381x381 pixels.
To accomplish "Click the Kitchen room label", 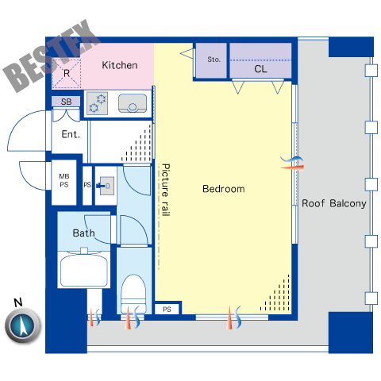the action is (120, 65).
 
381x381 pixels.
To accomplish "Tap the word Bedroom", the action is (224, 189).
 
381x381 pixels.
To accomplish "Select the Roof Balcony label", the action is (334, 203).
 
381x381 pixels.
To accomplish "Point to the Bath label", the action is (83, 233).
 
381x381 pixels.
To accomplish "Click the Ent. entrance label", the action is (71, 134).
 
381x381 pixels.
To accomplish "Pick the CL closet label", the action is (260, 69).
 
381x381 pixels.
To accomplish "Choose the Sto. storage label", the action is (214, 60).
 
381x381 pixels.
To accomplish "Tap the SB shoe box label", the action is (66, 102).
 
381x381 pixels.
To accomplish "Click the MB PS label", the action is (64, 180).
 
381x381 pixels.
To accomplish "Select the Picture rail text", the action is (165, 190).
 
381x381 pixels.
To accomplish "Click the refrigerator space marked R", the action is (67, 73).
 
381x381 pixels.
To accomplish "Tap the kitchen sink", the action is (133, 103).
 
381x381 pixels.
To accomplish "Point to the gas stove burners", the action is (97, 103).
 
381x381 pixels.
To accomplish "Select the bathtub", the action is (84, 270).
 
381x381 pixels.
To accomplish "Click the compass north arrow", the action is (23, 325).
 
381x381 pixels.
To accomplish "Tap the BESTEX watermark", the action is (52, 56).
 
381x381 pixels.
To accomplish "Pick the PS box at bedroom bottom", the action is (167, 309).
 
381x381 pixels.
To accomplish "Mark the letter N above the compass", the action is (18, 302).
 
